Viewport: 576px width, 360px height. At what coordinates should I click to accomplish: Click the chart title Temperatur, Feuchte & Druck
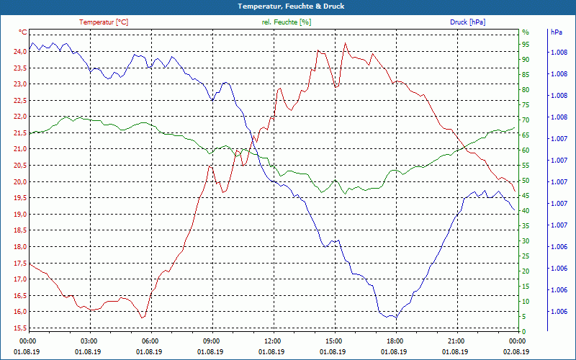288,6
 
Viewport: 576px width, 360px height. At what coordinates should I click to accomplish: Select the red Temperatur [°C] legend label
104,22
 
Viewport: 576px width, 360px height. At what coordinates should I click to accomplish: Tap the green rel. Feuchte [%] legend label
287,22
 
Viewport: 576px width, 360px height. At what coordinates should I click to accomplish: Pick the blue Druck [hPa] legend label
468,22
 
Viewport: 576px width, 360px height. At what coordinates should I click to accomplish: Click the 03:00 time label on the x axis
89,341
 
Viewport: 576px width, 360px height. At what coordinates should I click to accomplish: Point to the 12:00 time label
273,341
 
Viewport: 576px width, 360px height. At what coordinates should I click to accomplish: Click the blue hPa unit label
557,32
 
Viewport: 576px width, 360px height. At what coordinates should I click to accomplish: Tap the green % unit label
526,32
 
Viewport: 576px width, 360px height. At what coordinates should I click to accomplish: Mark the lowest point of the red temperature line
143,318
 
